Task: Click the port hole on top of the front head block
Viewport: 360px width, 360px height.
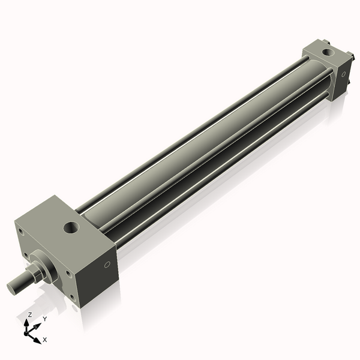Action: pos(71,227)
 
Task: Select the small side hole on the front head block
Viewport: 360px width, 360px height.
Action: pos(107,265)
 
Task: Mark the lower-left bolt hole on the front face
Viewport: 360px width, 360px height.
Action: pos(26,254)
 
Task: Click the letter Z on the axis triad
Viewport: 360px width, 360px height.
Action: pos(29,314)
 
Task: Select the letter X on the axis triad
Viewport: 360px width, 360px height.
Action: pos(44,340)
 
